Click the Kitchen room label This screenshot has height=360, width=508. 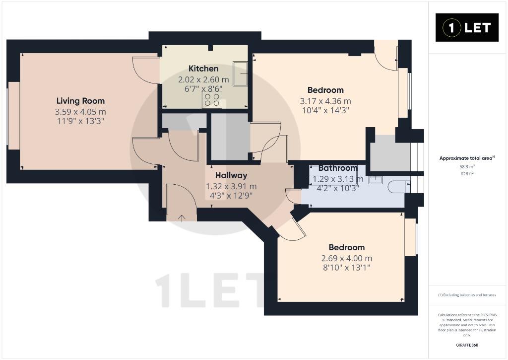(x=203, y=69)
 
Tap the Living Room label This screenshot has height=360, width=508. (x=80, y=101)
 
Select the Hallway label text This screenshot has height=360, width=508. (x=231, y=175)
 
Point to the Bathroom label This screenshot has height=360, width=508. (x=337, y=168)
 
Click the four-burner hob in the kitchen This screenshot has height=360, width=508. (x=212, y=100)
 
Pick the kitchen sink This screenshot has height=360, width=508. (x=240, y=73)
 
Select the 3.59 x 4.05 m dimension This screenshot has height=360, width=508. (x=80, y=112)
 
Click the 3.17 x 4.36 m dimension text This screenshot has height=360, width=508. (x=325, y=101)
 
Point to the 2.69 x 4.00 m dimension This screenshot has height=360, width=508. (x=347, y=259)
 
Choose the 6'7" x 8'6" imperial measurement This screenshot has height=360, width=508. (x=203, y=88)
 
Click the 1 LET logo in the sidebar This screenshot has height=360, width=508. (x=467, y=28)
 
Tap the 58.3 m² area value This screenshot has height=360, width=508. (x=467, y=166)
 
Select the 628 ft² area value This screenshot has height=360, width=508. (x=467, y=173)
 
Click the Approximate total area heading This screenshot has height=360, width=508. (x=467, y=158)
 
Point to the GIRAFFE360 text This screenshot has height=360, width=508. (x=467, y=345)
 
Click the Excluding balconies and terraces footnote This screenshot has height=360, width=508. (x=467, y=295)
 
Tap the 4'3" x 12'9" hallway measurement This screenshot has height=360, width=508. (x=231, y=196)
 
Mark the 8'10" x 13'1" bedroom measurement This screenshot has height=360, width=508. (x=347, y=268)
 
